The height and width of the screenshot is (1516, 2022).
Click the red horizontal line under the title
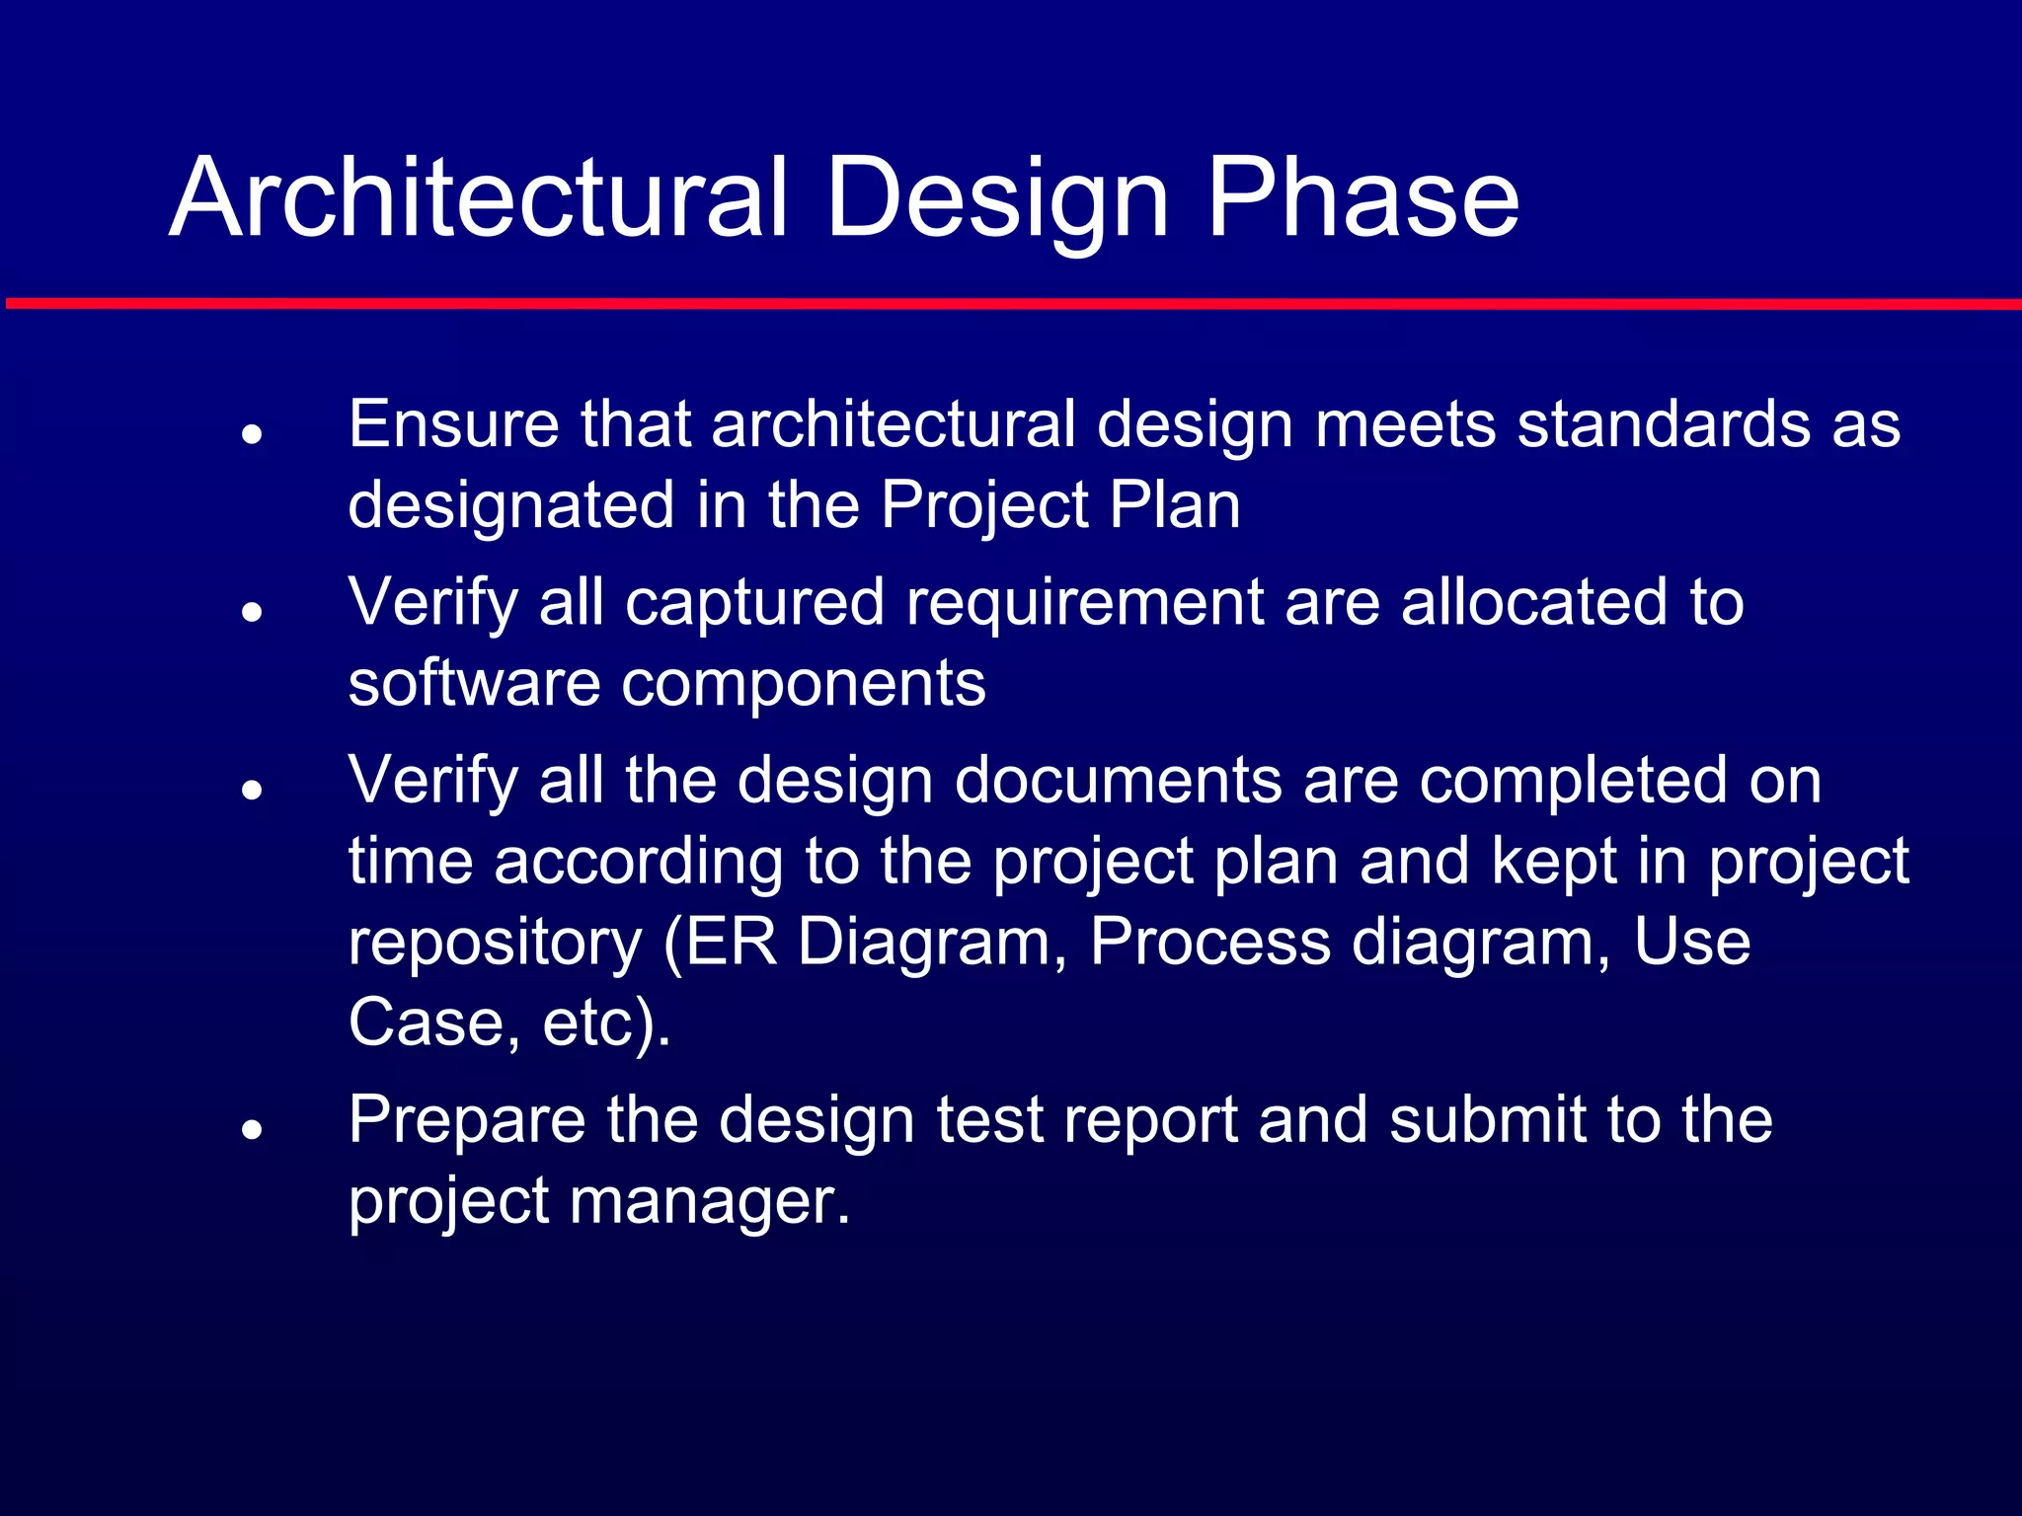point(1011,304)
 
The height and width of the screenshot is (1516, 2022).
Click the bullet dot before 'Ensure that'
point(253,433)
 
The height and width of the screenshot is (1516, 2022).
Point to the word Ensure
point(453,424)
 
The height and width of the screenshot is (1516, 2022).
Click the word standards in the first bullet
point(1664,424)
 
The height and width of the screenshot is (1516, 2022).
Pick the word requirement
point(1085,602)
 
